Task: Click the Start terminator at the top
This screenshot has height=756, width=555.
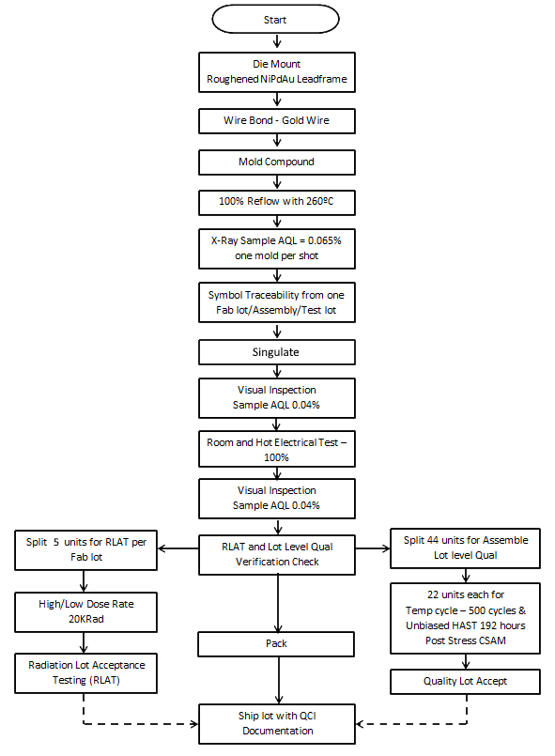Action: point(277,19)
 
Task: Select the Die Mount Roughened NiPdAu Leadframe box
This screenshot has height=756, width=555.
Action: point(277,71)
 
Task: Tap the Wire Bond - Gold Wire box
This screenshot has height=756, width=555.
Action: point(277,120)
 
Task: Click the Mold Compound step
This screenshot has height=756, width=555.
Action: point(277,162)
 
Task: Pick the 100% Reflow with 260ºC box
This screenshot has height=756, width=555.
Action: point(277,203)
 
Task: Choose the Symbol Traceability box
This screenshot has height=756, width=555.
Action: point(277,303)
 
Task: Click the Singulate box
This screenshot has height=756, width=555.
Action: point(277,352)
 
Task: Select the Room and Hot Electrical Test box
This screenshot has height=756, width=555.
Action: point(277,449)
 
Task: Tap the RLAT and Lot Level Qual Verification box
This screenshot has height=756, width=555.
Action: point(277,552)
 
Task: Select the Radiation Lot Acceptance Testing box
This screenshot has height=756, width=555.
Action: point(86,671)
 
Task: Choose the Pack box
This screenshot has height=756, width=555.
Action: point(277,644)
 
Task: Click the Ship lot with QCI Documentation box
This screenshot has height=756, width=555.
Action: point(277,723)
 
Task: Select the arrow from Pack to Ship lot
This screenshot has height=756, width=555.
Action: point(277,680)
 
